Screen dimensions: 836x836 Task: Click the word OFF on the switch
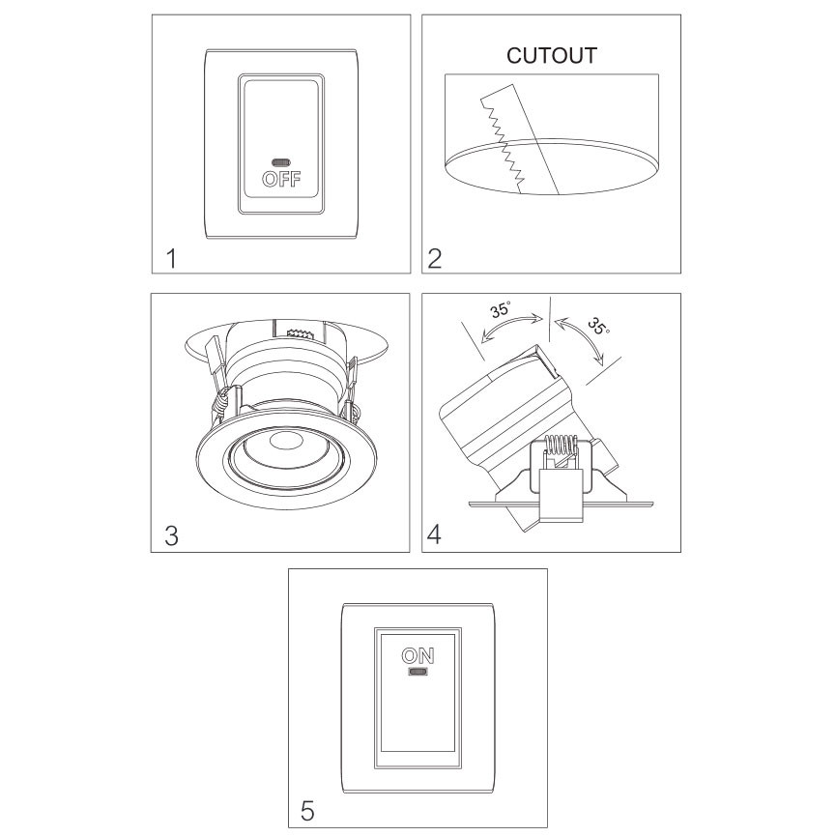tap(281, 179)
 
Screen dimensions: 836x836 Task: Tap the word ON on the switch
tap(418, 656)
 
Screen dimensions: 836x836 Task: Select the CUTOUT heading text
tap(551, 55)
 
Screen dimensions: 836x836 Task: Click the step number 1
tap(171, 259)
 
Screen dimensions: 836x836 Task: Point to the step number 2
tap(435, 259)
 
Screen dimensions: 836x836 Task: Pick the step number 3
tap(172, 535)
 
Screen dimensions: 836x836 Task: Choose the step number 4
tap(434, 534)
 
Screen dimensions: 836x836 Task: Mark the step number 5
tap(307, 811)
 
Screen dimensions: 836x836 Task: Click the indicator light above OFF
tap(281, 162)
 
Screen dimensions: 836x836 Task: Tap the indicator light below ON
tap(418, 672)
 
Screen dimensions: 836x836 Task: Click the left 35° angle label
tap(501, 309)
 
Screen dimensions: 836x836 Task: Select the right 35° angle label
tap(598, 327)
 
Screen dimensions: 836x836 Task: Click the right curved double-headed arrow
tap(586, 337)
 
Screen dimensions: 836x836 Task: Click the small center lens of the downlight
tap(285, 442)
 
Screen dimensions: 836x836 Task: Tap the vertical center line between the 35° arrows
tap(549, 318)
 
